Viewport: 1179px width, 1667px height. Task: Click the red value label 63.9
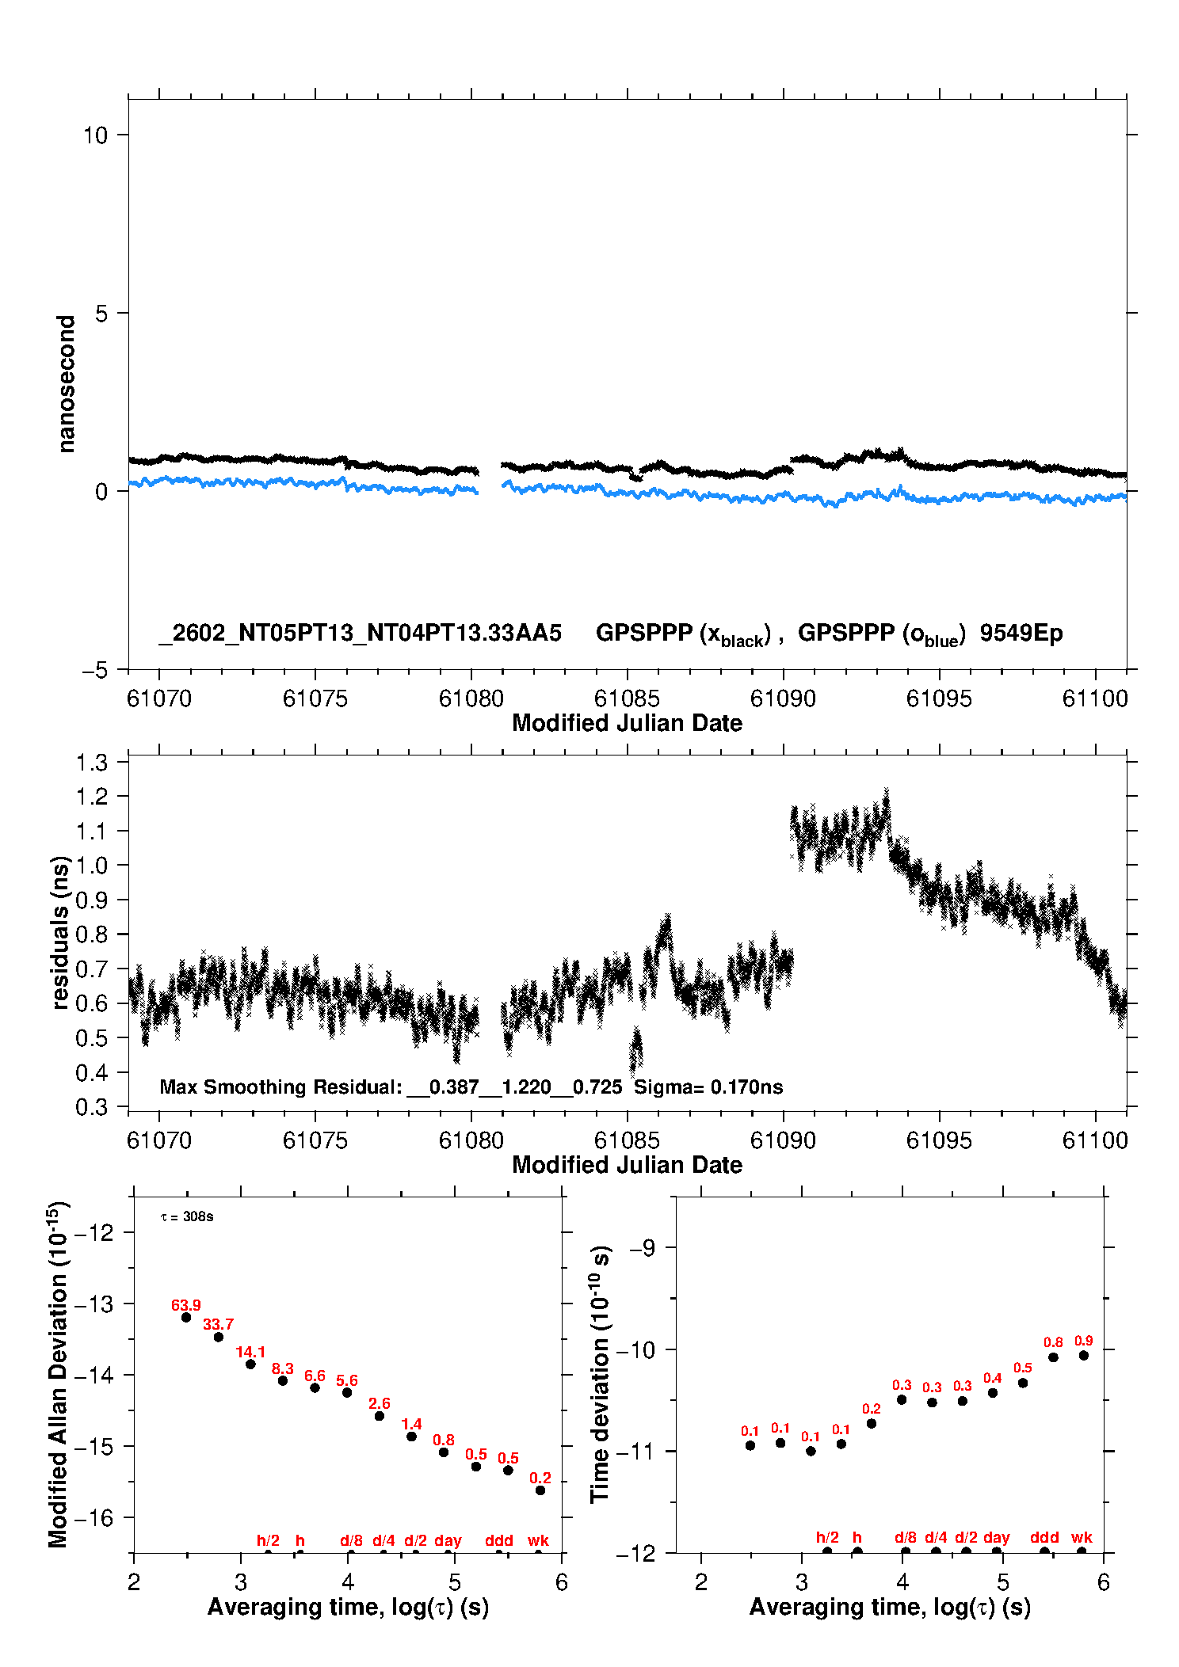186,1305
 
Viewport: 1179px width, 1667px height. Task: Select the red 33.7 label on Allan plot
218,1324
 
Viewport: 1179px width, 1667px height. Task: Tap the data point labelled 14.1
250,1364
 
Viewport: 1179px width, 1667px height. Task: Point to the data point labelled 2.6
380,1416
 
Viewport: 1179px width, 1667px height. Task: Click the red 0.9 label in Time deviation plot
1083,1341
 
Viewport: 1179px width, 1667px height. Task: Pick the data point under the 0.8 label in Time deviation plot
1053,1357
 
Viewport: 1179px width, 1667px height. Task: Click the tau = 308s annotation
187,1216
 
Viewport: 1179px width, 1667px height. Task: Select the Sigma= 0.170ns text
708,1087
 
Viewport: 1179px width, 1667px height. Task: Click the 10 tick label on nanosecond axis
95,135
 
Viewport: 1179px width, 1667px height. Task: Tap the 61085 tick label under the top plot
627,698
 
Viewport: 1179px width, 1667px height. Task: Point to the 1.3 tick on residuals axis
92,763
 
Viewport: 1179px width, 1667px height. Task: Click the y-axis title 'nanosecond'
67,384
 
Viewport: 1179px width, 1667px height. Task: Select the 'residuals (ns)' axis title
60,932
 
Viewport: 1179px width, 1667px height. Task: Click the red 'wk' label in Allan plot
538,1540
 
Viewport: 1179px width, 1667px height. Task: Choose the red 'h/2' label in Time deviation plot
827,1537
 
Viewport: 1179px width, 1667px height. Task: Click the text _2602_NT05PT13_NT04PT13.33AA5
361,633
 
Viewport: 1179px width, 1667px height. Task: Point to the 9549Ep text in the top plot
1021,633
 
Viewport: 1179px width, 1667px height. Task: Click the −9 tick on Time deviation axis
642,1248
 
